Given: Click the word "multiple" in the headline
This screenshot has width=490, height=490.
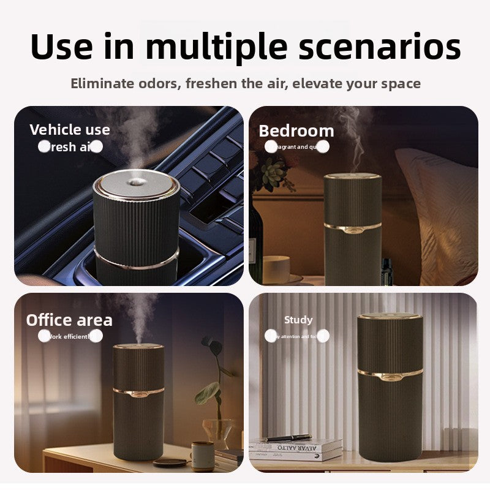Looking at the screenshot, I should tap(216, 47).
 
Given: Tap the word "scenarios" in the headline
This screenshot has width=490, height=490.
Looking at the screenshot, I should tap(377, 47).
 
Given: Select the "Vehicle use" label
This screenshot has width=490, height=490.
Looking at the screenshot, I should tap(70, 130).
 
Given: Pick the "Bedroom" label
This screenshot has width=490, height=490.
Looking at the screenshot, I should tap(296, 131).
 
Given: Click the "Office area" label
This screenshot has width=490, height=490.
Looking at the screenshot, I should tap(69, 320).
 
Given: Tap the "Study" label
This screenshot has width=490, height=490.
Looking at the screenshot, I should tap(298, 320).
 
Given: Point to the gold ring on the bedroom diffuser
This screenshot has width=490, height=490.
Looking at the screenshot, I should tap(352, 228).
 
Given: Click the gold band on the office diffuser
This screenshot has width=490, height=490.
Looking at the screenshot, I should tap(138, 390).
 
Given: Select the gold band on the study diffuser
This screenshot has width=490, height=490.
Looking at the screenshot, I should tap(390, 372).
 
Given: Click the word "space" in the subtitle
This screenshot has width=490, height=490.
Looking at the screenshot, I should tap(401, 83).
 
